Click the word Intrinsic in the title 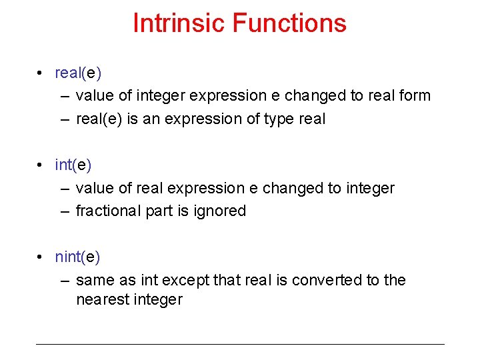[x=179, y=23]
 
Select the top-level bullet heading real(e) [x=77, y=73]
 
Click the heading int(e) [x=73, y=165]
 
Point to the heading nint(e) [x=77, y=257]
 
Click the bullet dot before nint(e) [x=41, y=257]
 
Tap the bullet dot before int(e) [x=41, y=165]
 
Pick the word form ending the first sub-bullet [x=414, y=96]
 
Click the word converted [x=327, y=280]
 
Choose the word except [x=187, y=280]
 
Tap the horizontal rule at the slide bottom [x=240, y=344]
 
